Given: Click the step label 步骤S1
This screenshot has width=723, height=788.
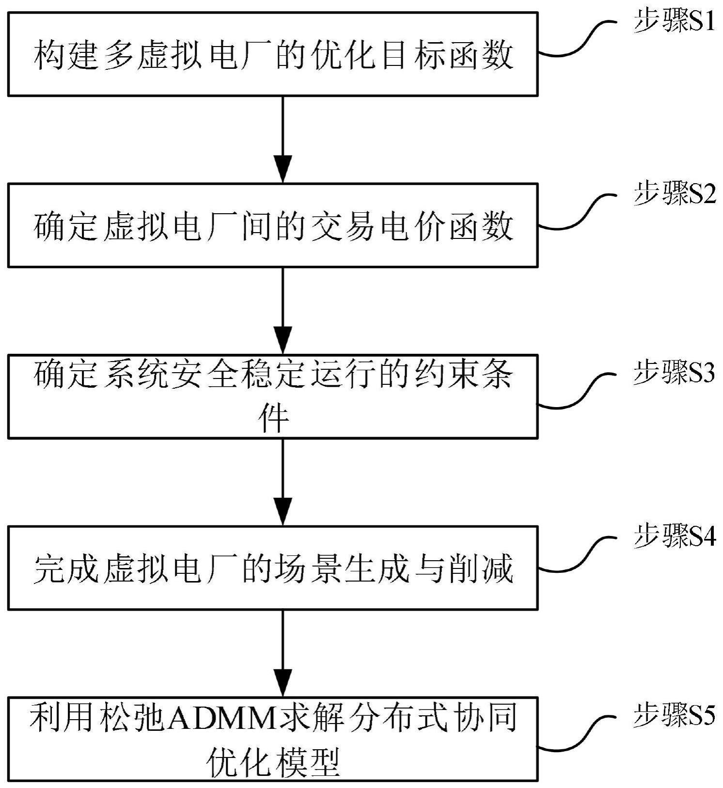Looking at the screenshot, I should (x=674, y=22).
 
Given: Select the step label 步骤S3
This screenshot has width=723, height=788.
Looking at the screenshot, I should (x=674, y=373).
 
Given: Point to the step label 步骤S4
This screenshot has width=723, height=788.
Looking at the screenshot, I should (x=674, y=537).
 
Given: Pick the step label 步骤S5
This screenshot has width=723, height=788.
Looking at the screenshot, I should (x=674, y=716).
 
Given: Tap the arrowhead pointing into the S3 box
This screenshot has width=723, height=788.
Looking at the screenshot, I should (x=283, y=340).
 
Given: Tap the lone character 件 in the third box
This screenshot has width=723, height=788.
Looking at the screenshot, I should (x=274, y=418).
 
